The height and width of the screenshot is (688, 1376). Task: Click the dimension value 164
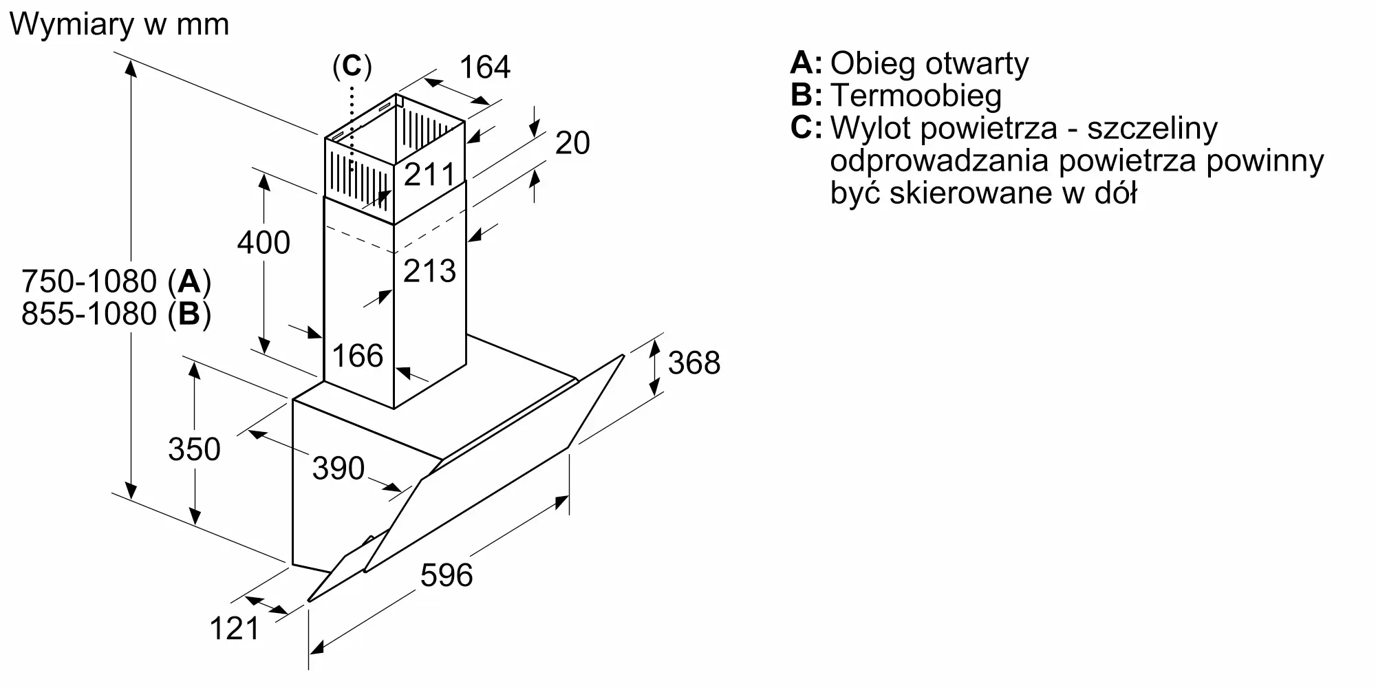click(x=484, y=67)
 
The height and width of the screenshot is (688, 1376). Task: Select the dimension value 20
click(x=572, y=143)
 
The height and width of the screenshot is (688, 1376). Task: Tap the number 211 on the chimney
click(x=429, y=175)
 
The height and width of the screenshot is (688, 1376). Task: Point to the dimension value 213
click(x=429, y=271)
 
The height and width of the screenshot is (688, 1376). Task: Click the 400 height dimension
click(x=264, y=243)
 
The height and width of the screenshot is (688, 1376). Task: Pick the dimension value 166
click(x=357, y=356)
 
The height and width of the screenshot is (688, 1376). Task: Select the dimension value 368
click(x=694, y=363)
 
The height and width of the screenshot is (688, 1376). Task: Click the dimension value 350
click(x=194, y=449)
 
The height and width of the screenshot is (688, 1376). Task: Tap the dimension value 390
click(x=338, y=469)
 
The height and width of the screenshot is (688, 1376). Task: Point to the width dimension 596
click(x=447, y=575)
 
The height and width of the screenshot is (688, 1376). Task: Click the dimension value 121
click(x=235, y=629)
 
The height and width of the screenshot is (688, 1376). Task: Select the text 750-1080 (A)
click(x=116, y=281)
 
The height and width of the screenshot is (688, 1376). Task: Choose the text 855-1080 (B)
click(x=116, y=314)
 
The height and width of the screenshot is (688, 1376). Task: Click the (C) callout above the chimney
click(x=352, y=66)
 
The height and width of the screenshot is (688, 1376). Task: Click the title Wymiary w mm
click(x=119, y=25)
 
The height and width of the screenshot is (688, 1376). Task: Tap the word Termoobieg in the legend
click(x=916, y=96)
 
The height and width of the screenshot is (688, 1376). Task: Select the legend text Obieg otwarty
click(x=929, y=63)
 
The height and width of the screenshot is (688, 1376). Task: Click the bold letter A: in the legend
click(x=806, y=63)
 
